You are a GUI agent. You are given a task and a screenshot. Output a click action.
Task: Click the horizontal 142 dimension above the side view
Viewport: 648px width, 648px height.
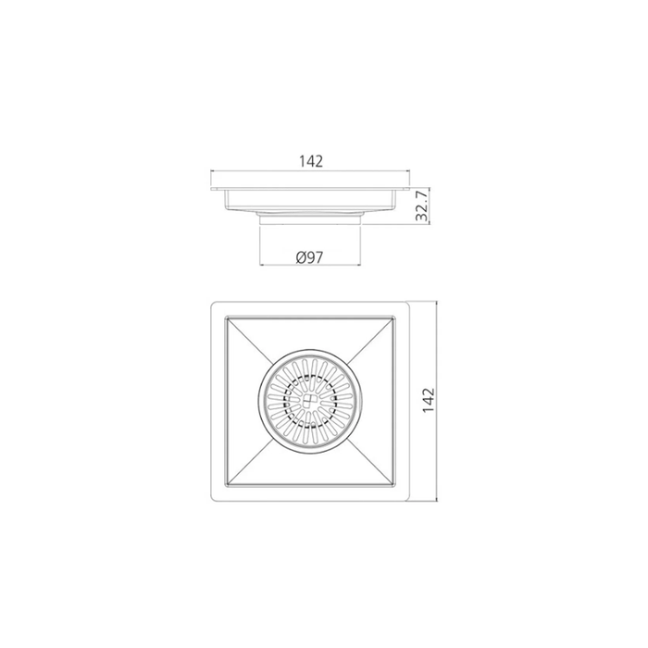pyautogui.click(x=310, y=160)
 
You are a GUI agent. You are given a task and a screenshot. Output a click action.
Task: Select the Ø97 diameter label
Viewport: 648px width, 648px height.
pyautogui.click(x=309, y=255)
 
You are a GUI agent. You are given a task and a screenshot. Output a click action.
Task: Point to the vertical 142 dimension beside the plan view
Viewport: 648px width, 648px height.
pyautogui.click(x=427, y=401)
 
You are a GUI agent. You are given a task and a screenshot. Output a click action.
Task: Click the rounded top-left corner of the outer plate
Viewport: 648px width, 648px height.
pyautogui.click(x=214, y=305)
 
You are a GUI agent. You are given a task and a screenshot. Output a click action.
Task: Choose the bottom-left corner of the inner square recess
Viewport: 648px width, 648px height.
pyautogui.click(x=222, y=489)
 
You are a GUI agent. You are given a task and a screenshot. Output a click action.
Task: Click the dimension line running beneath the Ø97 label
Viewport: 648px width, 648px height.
pyautogui.click(x=309, y=267)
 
